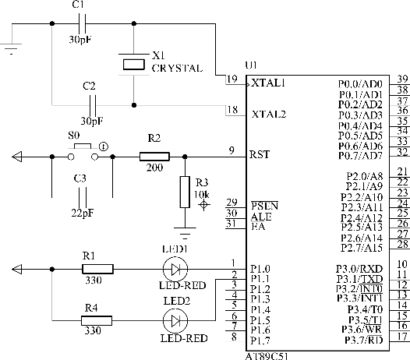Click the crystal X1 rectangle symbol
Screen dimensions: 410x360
(x=133, y=65)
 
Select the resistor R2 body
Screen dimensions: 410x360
(x=154, y=157)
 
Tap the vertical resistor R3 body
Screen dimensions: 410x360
(x=185, y=192)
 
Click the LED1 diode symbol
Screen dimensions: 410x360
(x=175, y=269)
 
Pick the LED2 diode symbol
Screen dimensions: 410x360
(x=175, y=320)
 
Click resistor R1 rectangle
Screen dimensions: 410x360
(x=97, y=269)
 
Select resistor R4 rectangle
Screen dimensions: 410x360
(x=97, y=320)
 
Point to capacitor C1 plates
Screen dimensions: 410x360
(x=82, y=23)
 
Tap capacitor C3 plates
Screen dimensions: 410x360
(x=82, y=197)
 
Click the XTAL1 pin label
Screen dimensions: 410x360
(x=268, y=83)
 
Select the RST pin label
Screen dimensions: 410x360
(x=259, y=154)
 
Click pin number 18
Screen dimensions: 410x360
(x=232, y=110)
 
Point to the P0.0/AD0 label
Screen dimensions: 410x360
(x=360, y=84)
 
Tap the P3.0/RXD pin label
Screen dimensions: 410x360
(x=359, y=269)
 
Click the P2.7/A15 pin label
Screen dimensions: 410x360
(x=362, y=248)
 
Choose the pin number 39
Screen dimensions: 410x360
(x=402, y=79)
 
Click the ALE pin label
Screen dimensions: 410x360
(x=261, y=217)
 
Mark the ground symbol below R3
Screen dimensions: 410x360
(x=185, y=233)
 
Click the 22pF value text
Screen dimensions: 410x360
(x=83, y=213)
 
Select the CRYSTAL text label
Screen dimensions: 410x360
(x=177, y=69)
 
